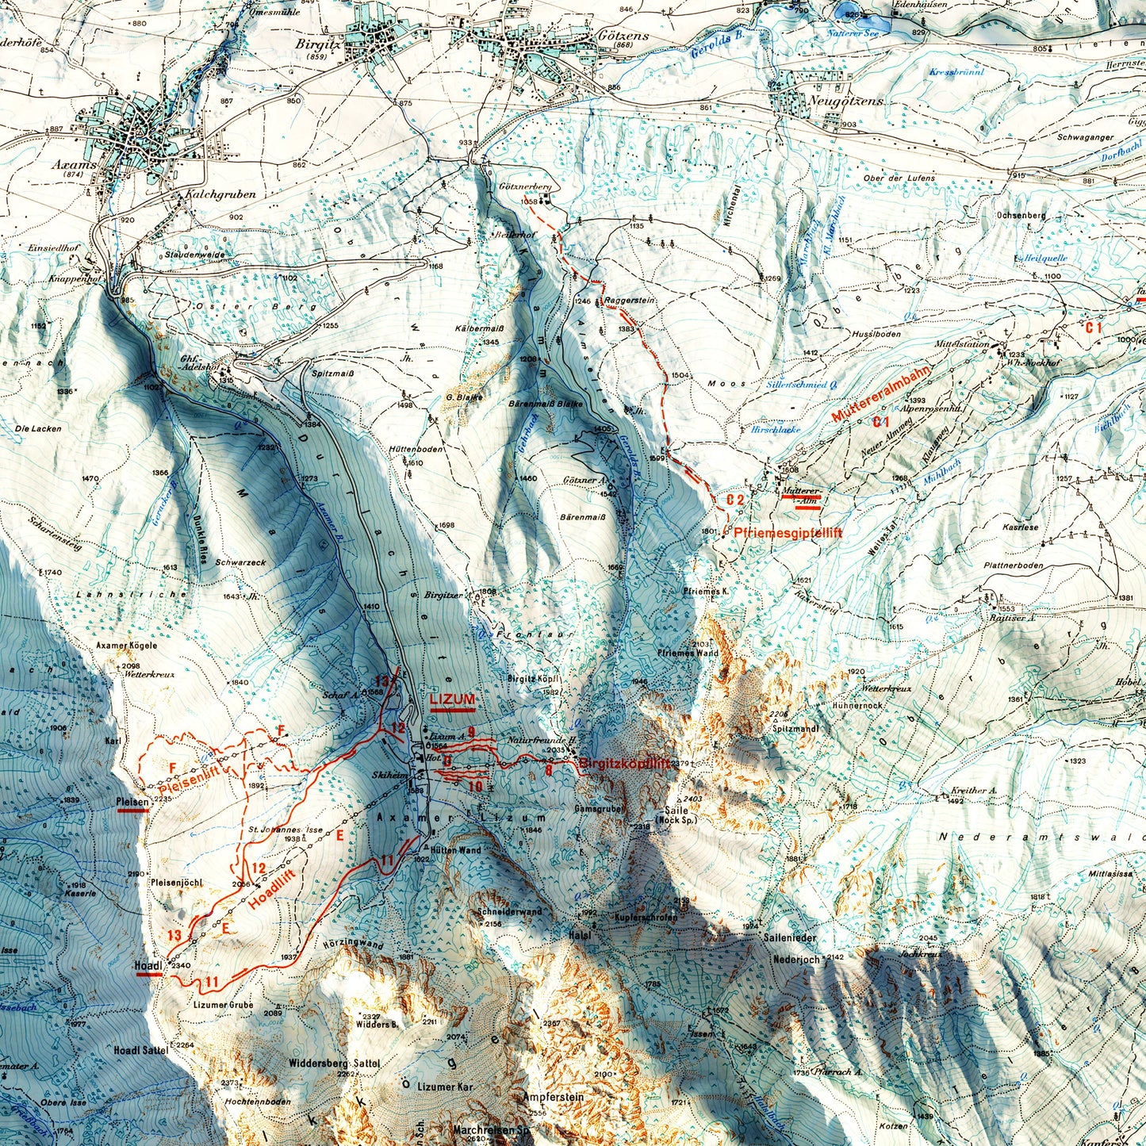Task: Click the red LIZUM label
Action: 452,699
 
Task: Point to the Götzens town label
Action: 624,36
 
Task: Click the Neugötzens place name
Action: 835,102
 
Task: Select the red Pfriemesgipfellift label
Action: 788,533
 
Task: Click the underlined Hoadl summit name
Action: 149,965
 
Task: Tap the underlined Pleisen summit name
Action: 132,802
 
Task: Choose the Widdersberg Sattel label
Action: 335,1063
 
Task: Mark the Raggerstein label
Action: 629,301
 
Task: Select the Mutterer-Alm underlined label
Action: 799,495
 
